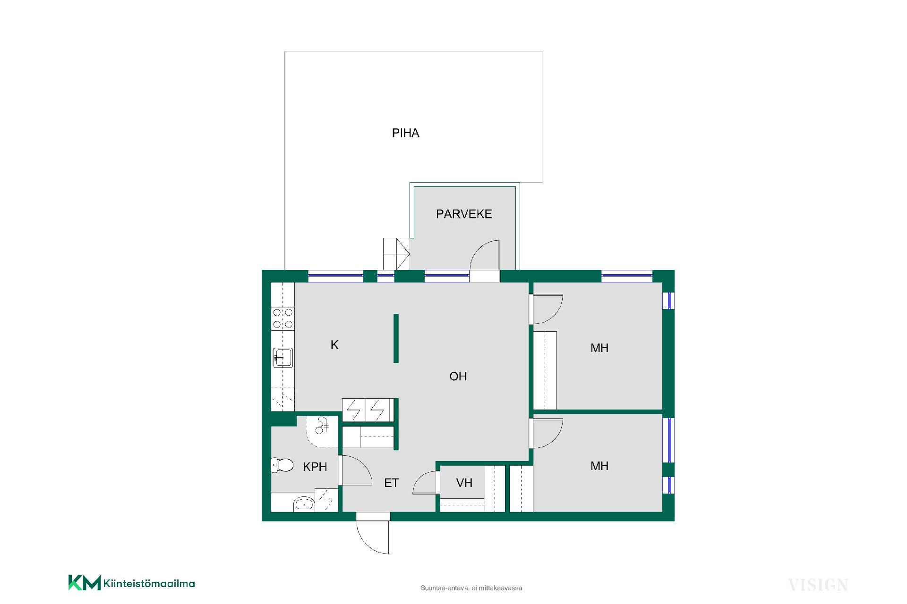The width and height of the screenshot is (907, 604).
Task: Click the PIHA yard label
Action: pos(405,133)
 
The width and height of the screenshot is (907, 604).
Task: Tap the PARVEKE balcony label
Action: pos(464,214)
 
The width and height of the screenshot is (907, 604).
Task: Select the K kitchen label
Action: pos(334,345)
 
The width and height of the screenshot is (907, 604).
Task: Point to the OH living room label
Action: pos(458,376)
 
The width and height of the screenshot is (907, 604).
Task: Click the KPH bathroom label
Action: pos(315,467)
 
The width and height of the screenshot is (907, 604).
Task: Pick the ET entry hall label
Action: pos(391,483)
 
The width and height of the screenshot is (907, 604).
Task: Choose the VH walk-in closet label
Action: pos(464,483)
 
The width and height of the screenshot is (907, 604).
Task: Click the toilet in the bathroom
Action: pos(282,465)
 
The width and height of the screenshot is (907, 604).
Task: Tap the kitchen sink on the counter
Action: pos(282,358)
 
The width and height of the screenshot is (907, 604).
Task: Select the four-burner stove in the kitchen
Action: pos(282,319)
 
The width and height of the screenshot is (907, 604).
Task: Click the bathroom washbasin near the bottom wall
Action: pos(304,504)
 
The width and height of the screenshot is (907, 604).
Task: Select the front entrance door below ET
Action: pos(373,537)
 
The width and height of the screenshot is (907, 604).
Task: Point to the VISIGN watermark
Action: pos(818,586)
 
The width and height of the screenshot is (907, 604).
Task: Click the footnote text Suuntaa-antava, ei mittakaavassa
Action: pos(471,588)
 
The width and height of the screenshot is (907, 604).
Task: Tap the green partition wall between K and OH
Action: pos(396,338)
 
